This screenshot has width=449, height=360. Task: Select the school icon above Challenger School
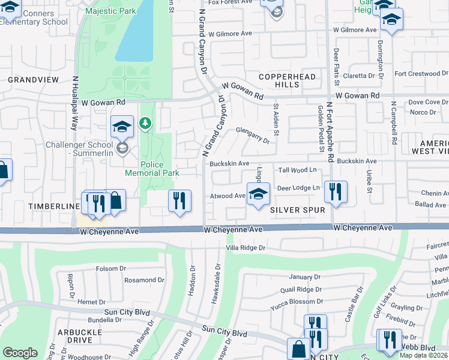point(122,127)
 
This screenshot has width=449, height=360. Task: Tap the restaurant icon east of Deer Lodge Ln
point(336,192)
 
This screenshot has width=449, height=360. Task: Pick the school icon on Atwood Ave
point(258,194)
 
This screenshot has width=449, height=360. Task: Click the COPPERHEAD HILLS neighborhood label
point(279,81)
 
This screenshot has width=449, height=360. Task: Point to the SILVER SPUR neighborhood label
point(298,210)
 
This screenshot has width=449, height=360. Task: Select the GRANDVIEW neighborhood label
point(34,79)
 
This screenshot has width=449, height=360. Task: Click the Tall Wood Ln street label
point(297,170)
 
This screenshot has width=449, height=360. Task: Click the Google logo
point(20,353)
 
